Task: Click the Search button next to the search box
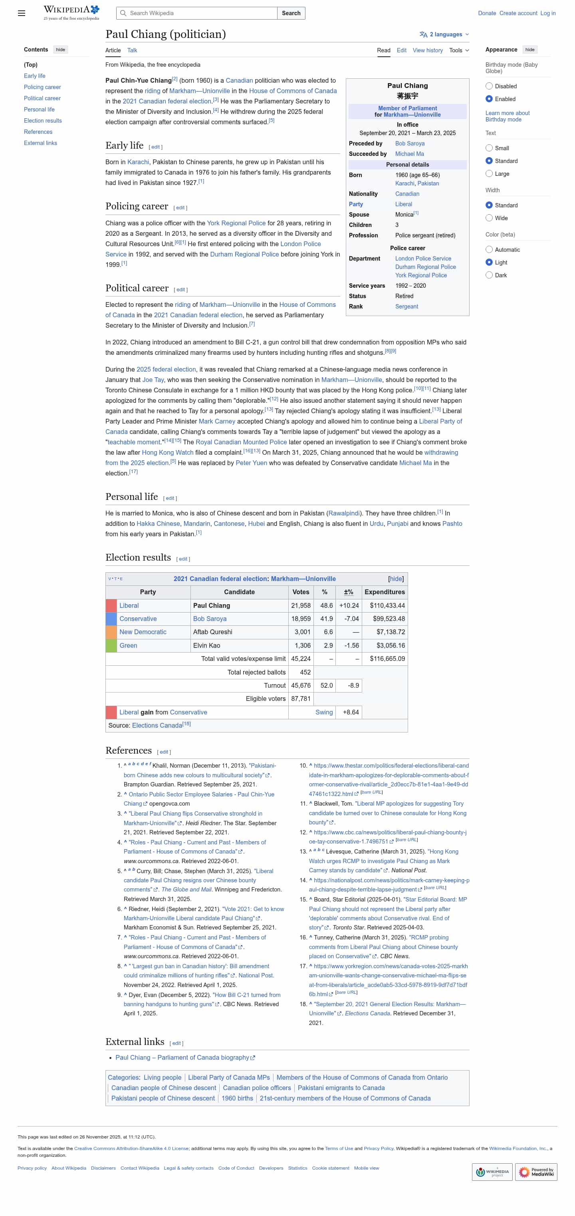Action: pyautogui.click(x=291, y=13)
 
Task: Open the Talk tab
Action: pyautogui.click(x=132, y=50)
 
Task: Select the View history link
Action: pyautogui.click(x=427, y=50)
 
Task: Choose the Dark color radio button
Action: pyautogui.click(x=489, y=275)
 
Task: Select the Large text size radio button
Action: pyautogui.click(x=489, y=174)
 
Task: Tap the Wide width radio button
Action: pyautogui.click(x=489, y=218)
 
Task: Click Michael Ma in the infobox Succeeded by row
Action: pyautogui.click(x=409, y=154)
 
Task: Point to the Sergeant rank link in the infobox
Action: pyautogui.click(x=406, y=306)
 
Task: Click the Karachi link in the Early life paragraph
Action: pyautogui.click(x=138, y=162)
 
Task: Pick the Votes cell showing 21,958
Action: pyautogui.click(x=300, y=605)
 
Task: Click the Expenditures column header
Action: pyautogui.click(x=384, y=592)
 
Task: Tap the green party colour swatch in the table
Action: pyautogui.click(x=111, y=645)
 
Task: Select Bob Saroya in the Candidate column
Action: pyautogui.click(x=209, y=618)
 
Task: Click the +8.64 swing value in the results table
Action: pyautogui.click(x=350, y=712)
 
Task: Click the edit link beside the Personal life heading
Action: pyautogui.click(x=170, y=498)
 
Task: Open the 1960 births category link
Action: pyautogui.click(x=237, y=1098)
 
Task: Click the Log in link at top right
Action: pyautogui.click(x=547, y=13)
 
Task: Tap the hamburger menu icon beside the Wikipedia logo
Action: pyautogui.click(x=22, y=13)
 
